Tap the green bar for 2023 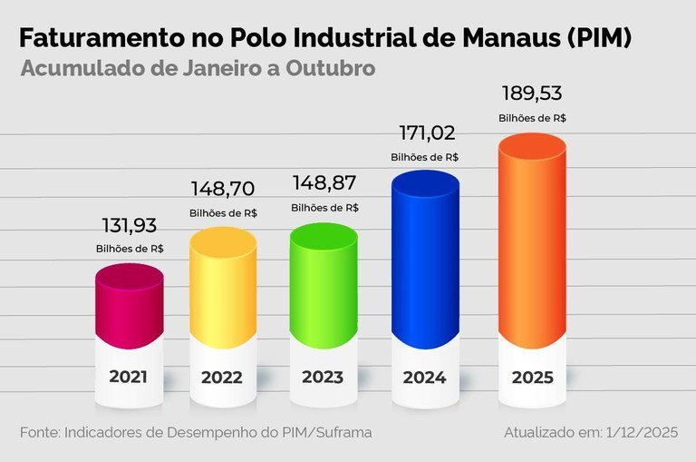(x=324, y=286)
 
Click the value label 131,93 (x=130, y=225)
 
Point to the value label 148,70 (x=223, y=189)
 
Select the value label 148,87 (x=324, y=183)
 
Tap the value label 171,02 (x=424, y=133)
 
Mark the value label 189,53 (x=533, y=94)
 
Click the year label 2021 (x=128, y=377)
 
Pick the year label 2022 (x=222, y=377)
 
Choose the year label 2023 (x=323, y=377)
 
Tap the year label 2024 (x=424, y=377)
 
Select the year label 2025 (x=532, y=377)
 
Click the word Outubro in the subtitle (x=333, y=69)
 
